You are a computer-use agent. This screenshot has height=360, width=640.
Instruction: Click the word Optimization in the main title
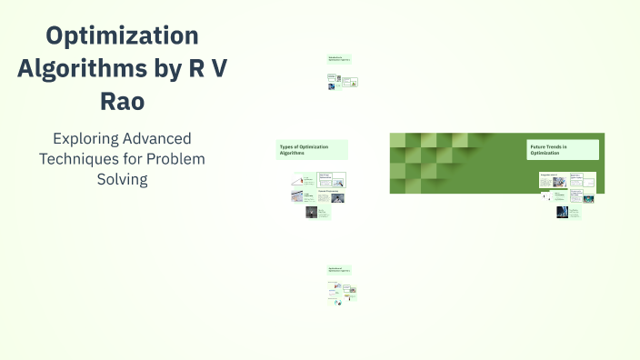point(123,36)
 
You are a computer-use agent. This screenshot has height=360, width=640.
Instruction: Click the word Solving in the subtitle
point(122,178)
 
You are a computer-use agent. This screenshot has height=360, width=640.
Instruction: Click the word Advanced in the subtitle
point(160,139)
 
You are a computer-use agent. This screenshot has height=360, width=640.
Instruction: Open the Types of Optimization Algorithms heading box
point(312,150)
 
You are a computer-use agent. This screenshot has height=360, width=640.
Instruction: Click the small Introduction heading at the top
point(339,59)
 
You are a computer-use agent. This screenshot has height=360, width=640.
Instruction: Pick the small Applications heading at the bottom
point(339,270)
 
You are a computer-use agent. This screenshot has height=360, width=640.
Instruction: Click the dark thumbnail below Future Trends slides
point(562,212)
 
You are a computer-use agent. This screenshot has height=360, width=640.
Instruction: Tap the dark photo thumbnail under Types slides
point(311,212)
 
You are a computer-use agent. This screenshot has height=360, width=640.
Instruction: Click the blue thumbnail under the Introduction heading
point(332,86)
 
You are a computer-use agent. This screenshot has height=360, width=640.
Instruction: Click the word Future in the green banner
point(537,145)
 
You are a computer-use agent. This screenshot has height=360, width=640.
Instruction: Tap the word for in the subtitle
point(135,158)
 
